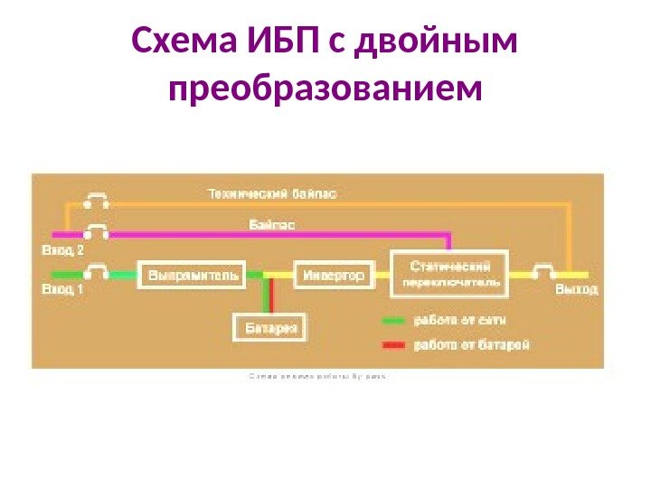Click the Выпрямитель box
(191, 275)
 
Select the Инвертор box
(333, 275)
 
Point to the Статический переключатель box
(449, 273)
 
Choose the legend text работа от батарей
(470, 344)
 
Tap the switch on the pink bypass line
(96, 231)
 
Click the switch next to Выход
(544, 272)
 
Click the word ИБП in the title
(277, 41)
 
